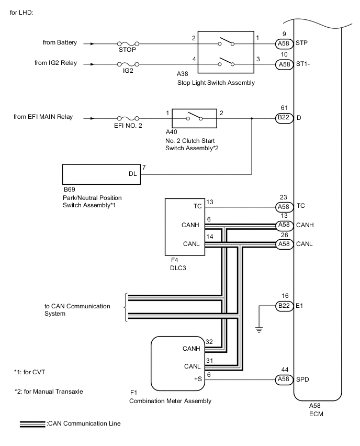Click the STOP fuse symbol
[x=127, y=44]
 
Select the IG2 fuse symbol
[x=127, y=64]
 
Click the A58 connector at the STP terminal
[x=284, y=44]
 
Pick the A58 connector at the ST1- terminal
[x=284, y=64]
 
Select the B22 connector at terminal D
[x=284, y=118]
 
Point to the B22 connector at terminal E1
[x=284, y=306]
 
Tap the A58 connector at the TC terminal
[x=284, y=206]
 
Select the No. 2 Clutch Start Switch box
[x=194, y=118]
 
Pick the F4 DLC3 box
[x=185, y=226]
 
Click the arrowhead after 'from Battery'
[x=93, y=44]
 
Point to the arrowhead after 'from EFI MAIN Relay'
[x=93, y=118]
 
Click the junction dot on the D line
[x=252, y=118]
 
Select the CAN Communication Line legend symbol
[x=32, y=423]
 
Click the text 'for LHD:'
[x=21, y=12]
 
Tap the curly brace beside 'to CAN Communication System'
[x=125, y=308]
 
